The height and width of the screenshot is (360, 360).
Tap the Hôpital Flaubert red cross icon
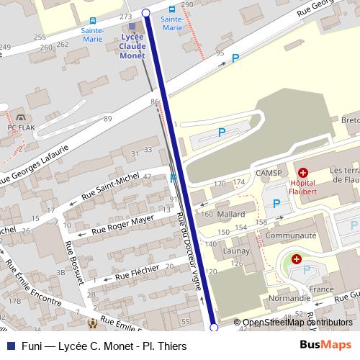302,173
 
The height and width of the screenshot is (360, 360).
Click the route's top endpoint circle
146,13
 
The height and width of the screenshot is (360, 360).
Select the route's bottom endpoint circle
213,328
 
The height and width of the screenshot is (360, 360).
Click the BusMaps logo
326,346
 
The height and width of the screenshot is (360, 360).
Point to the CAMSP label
268,173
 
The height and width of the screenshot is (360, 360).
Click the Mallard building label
230,214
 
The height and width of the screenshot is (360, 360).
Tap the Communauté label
291,235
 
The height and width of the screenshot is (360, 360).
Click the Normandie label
289,297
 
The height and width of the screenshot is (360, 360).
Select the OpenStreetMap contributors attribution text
297,323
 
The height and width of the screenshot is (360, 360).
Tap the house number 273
126,16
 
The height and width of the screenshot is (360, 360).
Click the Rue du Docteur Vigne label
189,245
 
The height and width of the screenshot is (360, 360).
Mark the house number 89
108,119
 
